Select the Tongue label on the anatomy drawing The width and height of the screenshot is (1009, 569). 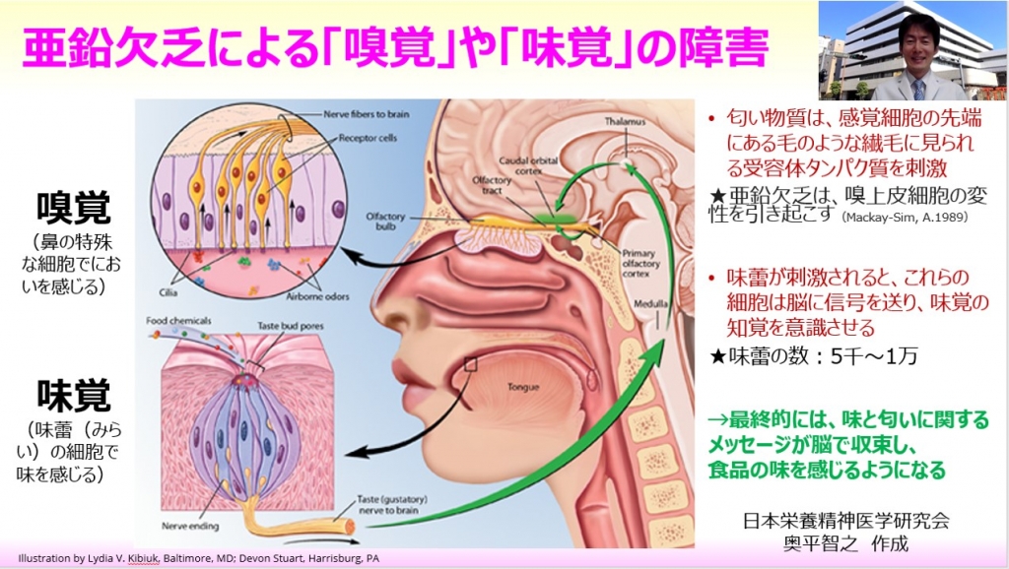click(x=521, y=387)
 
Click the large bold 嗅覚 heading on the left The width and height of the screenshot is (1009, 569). click(x=74, y=209)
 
